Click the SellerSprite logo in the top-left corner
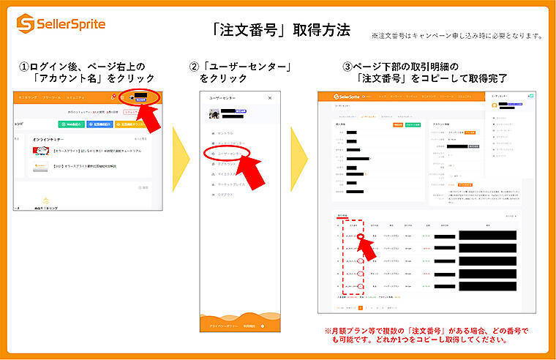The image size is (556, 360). pos(61,24)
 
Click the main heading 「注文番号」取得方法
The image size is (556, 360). pos(277,30)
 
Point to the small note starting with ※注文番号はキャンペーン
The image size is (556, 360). pos(457,35)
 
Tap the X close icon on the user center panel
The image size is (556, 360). pos(269,97)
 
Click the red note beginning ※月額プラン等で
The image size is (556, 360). pos(426,334)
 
